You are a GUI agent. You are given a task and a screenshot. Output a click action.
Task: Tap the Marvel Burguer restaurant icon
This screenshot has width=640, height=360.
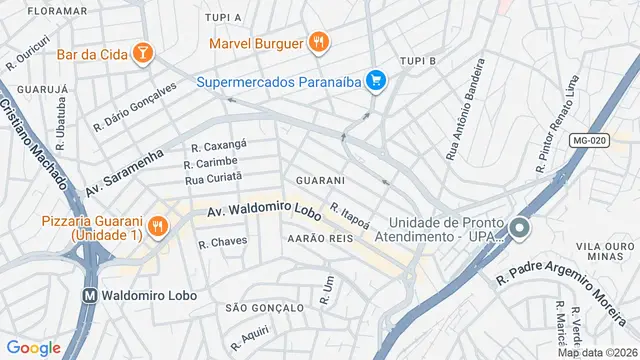click(x=318, y=43)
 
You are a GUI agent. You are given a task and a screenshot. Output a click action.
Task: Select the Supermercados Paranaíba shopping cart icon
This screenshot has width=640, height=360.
click(x=376, y=81)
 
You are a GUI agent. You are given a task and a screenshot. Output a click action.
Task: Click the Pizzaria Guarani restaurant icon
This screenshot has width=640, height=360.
click(x=157, y=227)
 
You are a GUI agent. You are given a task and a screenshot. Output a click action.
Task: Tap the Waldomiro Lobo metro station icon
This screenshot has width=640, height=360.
click(x=89, y=296)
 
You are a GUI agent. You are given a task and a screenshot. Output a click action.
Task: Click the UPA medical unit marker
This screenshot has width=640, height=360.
click(x=518, y=228)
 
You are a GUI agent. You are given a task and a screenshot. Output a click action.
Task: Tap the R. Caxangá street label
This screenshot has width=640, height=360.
click(x=218, y=144)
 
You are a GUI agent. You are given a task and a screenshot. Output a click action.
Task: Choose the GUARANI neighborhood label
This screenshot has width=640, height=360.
click(x=320, y=180)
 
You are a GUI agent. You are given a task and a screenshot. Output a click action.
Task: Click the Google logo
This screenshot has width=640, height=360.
click(x=33, y=347)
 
